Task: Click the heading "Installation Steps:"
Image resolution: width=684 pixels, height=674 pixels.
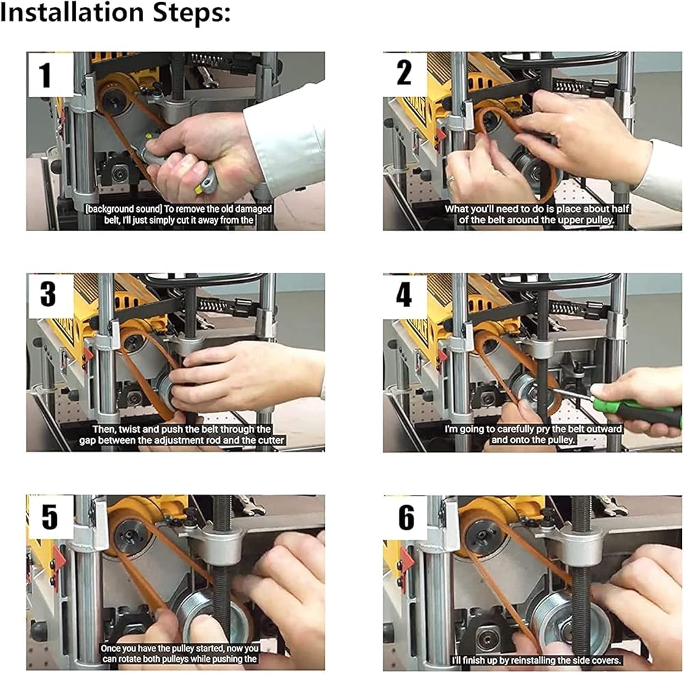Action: [115, 12]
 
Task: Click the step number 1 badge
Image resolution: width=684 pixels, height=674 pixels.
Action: [50, 75]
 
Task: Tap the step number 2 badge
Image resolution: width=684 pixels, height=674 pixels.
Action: [404, 73]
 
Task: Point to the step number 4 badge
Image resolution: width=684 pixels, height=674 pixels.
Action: [404, 295]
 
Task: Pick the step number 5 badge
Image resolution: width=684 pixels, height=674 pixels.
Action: [50, 517]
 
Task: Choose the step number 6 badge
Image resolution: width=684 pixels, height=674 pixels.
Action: [405, 517]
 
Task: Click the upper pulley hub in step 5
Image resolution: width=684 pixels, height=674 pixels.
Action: [130, 531]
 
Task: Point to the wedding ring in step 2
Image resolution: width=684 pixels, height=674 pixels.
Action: [451, 178]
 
